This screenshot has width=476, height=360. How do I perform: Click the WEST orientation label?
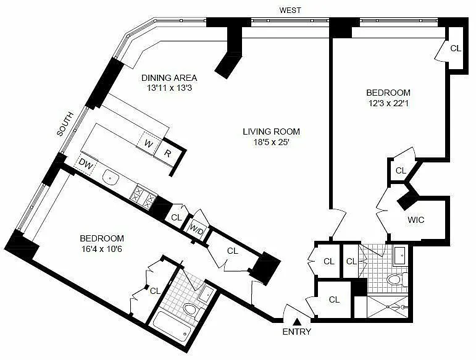tap(290, 10)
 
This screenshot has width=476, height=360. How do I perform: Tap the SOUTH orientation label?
tap(65, 124)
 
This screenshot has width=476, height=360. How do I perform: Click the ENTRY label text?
tap(296, 332)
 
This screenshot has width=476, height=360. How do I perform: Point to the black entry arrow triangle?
tap(297, 322)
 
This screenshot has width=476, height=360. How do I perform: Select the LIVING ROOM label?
tap(271, 132)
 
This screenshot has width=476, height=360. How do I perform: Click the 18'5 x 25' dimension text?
tap(271, 142)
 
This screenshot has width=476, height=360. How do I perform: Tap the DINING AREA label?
tap(169, 78)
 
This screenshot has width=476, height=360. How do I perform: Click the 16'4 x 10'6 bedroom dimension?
tap(102, 249)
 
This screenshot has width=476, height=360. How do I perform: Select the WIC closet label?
tap(415, 220)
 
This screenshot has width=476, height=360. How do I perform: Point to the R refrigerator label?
tap(167, 153)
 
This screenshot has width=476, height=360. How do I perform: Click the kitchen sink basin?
tap(111, 177)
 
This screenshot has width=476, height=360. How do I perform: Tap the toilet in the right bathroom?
tap(396, 279)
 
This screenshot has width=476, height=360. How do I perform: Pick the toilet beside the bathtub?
tap(193, 311)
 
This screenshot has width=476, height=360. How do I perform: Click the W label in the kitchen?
tap(148, 143)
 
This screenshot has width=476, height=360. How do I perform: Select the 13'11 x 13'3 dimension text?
tap(169, 88)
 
